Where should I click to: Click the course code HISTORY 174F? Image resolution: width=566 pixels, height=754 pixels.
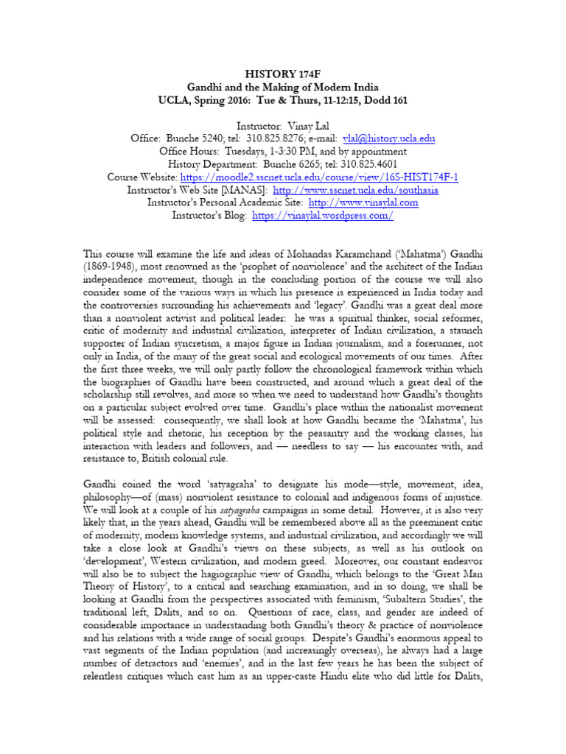coord(283,74)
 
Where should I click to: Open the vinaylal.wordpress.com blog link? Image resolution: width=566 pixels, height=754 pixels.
coord(323,216)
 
